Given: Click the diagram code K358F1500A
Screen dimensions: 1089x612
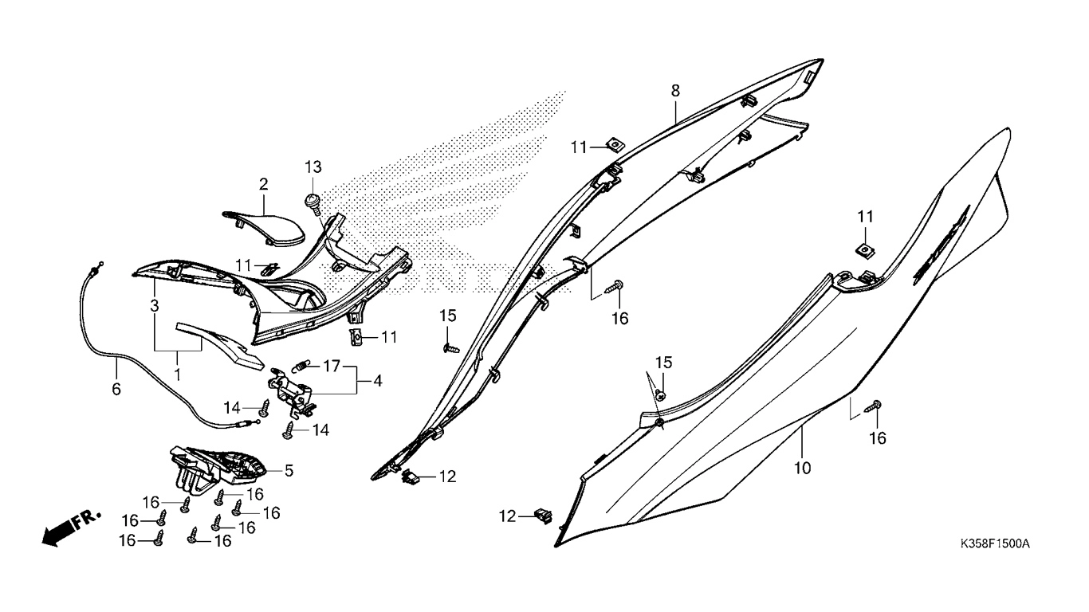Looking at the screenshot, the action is point(995,543).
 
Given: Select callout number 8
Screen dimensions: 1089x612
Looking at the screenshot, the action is point(675,91).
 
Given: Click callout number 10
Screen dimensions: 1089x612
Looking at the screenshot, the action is point(802,468).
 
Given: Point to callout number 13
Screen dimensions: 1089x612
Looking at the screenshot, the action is point(313,167).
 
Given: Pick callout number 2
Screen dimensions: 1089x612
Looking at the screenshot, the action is point(264,184).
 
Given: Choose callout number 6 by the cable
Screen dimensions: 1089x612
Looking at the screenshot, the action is point(116,389).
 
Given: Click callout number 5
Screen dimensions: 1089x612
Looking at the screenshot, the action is point(289,470).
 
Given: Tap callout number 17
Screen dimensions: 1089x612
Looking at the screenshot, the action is point(332,366).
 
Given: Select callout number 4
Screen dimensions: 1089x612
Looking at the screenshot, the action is point(377,381).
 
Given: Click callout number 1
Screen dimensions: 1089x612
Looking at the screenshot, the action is point(178,375).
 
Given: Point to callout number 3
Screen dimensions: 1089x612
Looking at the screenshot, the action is point(155,306).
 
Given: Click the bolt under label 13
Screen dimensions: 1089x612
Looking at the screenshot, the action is point(313,204).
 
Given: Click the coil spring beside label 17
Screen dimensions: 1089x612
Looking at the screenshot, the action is point(299,367).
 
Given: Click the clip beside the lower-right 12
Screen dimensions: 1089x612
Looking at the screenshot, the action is point(543,516).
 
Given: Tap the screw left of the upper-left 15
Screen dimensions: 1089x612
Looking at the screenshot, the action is point(450,349).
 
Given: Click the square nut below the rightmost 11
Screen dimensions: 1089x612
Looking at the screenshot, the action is point(865,250).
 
